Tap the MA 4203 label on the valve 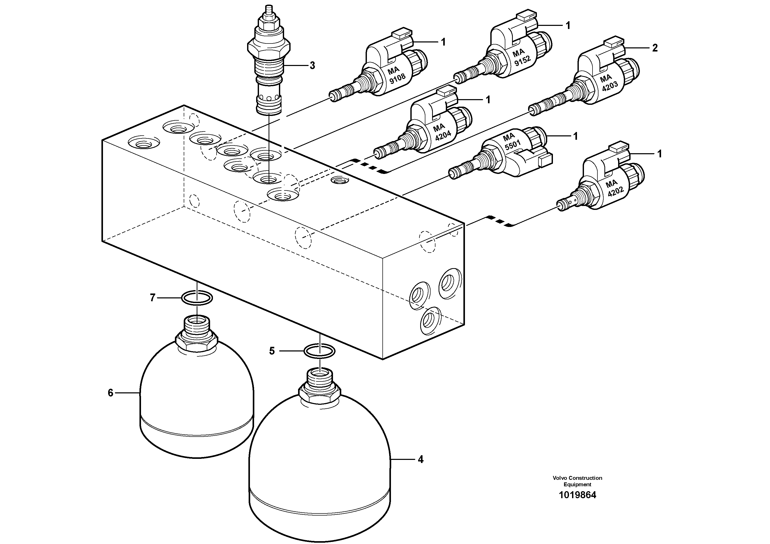point(608,83)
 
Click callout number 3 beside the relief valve point(312,66)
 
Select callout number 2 point(655,48)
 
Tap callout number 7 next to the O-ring point(153,297)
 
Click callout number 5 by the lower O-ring point(272,351)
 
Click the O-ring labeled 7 point(197,297)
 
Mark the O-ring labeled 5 point(319,351)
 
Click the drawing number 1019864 point(577,495)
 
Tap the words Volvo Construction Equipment point(577,481)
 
